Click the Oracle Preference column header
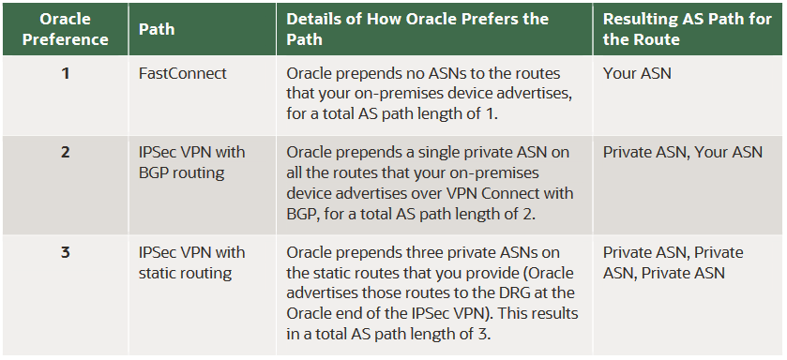[x=65, y=29]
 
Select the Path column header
[x=156, y=29]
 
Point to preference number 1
[x=65, y=73]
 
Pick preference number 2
[x=65, y=152]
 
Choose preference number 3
[x=65, y=252]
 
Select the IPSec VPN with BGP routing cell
[x=190, y=161]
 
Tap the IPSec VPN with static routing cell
[x=191, y=262]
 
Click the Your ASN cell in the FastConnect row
[x=637, y=73]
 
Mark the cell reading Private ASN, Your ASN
[x=682, y=152]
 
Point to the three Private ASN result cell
[x=673, y=262]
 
